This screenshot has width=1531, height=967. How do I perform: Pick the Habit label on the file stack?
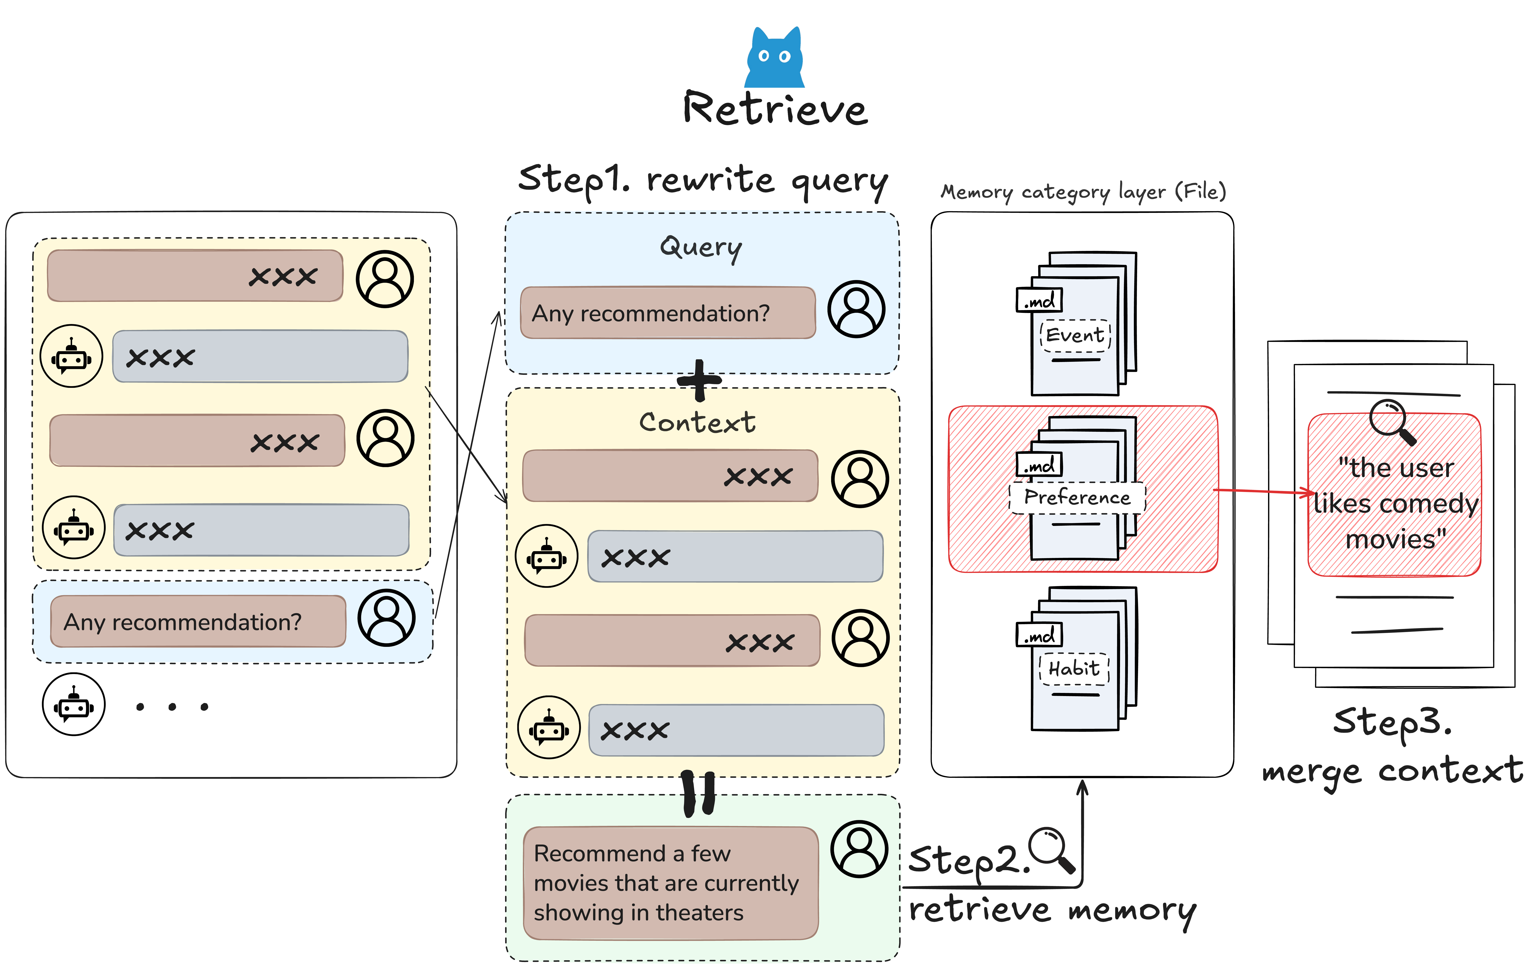point(1074,669)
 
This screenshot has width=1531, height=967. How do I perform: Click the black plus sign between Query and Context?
point(699,381)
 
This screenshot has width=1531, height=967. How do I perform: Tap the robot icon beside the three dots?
point(74,704)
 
